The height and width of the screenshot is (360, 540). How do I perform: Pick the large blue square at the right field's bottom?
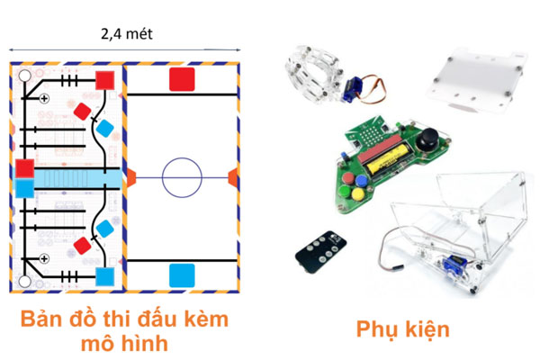[183, 274]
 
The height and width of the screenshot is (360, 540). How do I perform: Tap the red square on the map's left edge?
[24, 168]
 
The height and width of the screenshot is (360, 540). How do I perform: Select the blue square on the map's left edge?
[24, 188]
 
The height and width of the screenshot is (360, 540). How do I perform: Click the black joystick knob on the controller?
[426, 140]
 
